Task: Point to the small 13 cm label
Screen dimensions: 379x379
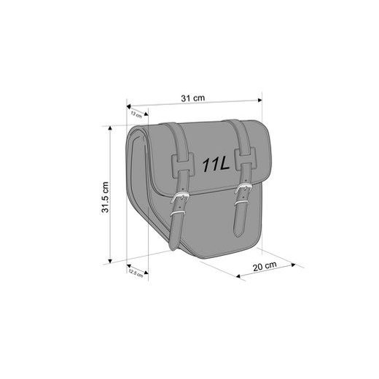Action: pyautogui.click(x=136, y=114)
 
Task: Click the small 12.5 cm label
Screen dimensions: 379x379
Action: pyautogui.click(x=133, y=273)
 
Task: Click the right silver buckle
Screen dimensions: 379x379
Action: pyautogui.click(x=242, y=193)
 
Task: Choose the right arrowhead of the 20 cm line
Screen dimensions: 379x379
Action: pyautogui.click(x=300, y=265)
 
